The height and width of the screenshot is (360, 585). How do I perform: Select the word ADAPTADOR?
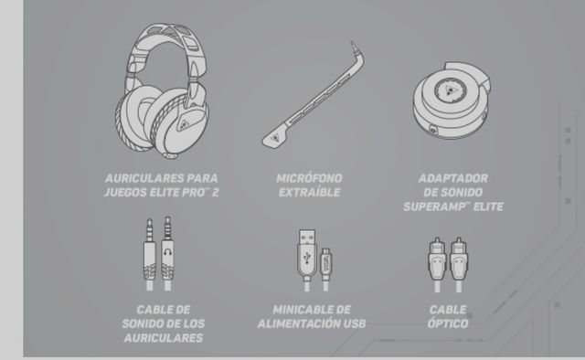coord(452,177)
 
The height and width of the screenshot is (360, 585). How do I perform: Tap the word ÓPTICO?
coord(448,324)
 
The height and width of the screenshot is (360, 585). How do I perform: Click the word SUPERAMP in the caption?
coord(436,206)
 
